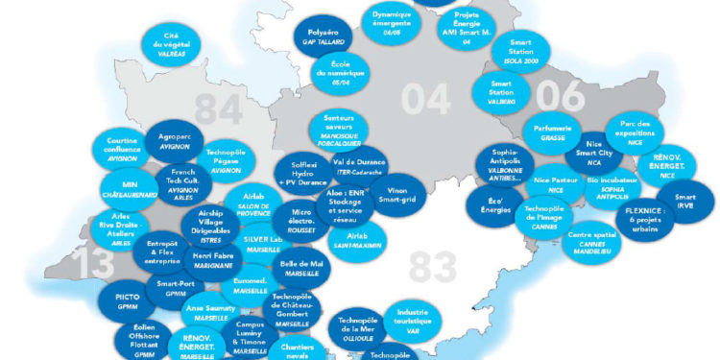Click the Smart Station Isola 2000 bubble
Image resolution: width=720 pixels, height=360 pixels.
pos(521,50)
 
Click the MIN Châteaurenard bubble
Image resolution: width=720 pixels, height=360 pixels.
pos(122,189)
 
